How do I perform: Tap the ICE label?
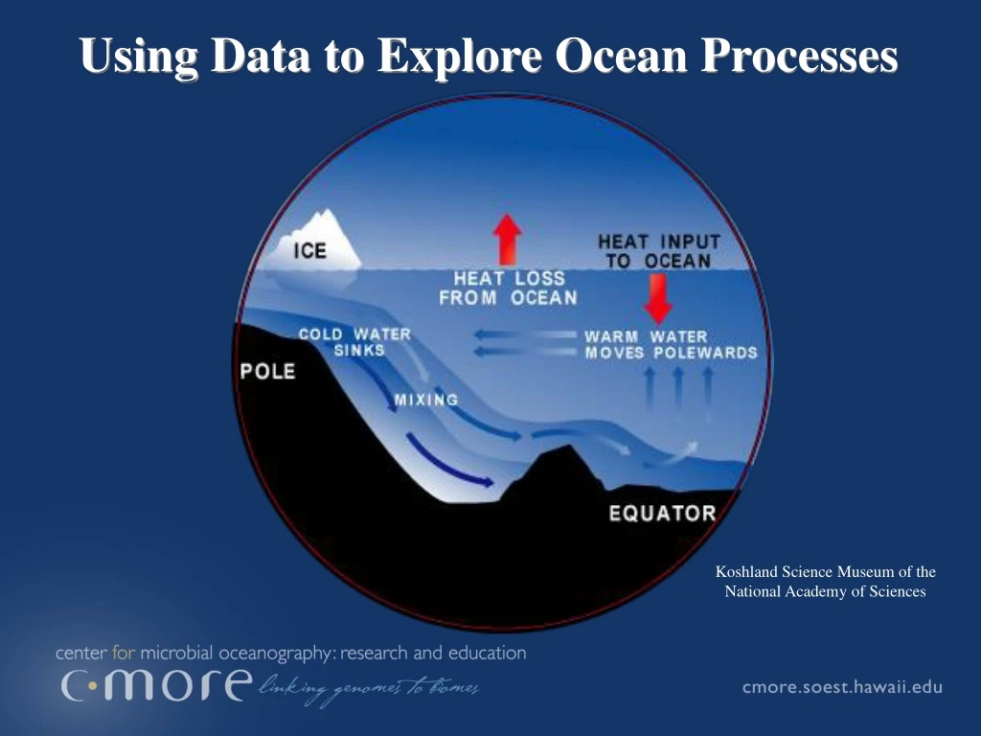(x=309, y=252)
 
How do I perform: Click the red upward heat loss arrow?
(x=507, y=238)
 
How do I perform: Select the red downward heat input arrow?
(x=658, y=298)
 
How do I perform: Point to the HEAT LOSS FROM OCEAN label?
(x=509, y=287)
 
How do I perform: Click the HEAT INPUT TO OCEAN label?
(x=658, y=251)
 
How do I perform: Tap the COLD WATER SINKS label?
(x=355, y=342)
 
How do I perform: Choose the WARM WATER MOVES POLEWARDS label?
(x=671, y=344)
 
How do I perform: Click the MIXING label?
(x=426, y=399)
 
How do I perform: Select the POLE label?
(x=268, y=371)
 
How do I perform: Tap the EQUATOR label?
(x=662, y=514)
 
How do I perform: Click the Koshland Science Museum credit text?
(x=825, y=582)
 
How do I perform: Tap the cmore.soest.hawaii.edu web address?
(x=842, y=687)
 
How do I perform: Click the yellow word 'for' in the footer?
(x=125, y=654)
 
